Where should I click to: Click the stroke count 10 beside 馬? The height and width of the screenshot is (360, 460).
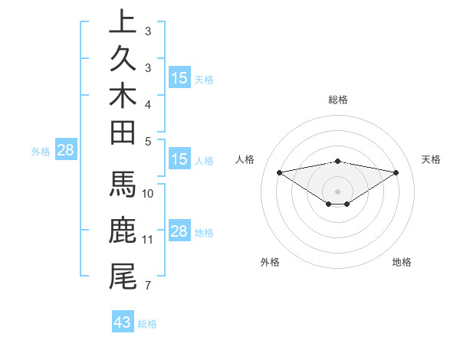click(149, 194)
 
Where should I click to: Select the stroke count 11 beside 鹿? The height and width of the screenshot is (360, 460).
click(149, 240)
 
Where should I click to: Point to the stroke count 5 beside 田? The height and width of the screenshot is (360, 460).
click(147, 141)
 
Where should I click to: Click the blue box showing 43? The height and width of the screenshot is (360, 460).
click(123, 322)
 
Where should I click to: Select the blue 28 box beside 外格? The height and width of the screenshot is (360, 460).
click(65, 150)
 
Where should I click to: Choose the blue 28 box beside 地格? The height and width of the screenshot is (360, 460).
click(179, 231)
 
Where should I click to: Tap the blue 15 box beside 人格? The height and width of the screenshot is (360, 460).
click(179, 159)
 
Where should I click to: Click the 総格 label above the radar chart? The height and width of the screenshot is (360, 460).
click(338, 100)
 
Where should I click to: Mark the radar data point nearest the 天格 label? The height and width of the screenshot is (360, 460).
click(396, 172)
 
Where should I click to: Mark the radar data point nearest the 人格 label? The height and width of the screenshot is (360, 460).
click(279, 172)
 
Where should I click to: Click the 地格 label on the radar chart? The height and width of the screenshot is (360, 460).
click(402, 262)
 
